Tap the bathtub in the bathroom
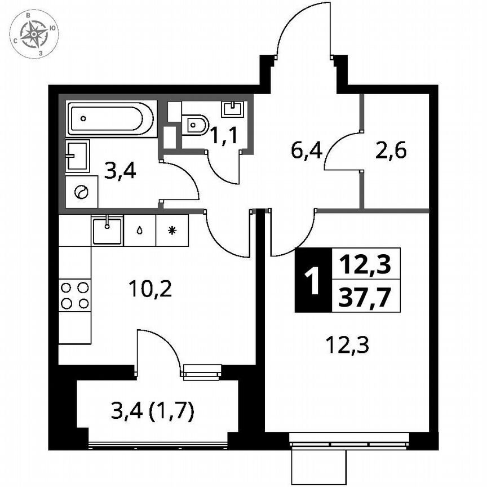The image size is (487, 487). (x=110, y=119)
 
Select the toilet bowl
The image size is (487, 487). (x=196, y=123)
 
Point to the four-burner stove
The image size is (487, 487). (x=75, y=295)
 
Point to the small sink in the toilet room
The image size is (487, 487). (x=232, y=108)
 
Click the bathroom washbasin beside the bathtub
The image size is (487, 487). (x=77, y=156)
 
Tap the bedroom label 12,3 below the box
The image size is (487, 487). (x=347, y=344)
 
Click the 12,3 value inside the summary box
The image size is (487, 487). (x=365, y=263)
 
